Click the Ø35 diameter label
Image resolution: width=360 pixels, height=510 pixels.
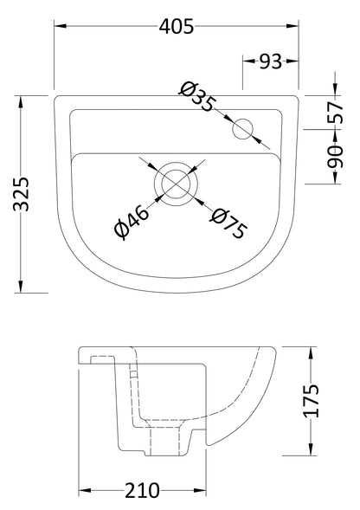click(197, 97)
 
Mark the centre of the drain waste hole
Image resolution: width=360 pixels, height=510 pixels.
click(176, 182)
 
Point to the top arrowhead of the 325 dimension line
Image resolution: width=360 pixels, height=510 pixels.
click(21, 100)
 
